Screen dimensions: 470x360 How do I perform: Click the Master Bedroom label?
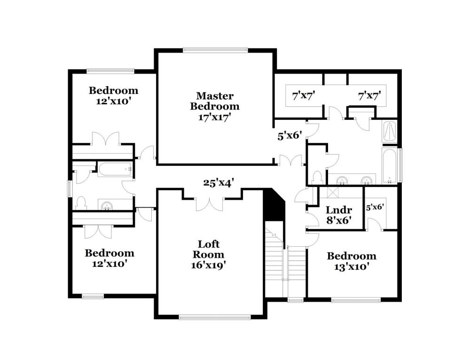pyautogui.click(x=215, y=106)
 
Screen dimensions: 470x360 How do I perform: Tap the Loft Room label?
pyautogui.click(x=208, y=254)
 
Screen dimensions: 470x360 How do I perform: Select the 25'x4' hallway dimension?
pyautogui.click(x=219, y=182)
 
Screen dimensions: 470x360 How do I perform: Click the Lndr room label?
pyautogui.click(x=339, y=210)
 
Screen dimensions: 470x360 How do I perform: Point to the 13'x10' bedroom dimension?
pyautogui.click(x=351, y=266)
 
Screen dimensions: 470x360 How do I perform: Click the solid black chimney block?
pyautogui.click(x=274, y=205)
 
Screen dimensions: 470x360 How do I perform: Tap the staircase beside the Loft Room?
pyautogui.click(x=285, y=259)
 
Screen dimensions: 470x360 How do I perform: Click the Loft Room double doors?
pyautogui.click(x=210, y=204)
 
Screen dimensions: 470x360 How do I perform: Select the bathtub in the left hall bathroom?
pyautogui.click(x=115, y=170)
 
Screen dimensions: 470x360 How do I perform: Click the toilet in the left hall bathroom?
pyautogui.click(x=81, y=203)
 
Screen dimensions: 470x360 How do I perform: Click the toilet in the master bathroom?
pyautogui.click(x=316, y=177)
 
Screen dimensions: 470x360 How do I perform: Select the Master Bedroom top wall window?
pyautogui.click(x=216, y=50)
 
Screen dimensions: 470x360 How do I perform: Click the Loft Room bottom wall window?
pyautogui.click(x=215, y=317)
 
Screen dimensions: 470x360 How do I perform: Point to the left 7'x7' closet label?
pyautogui.click(x=303, y=96)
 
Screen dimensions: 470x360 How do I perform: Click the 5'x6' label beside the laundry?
pyautogui.click(x=375, y=207)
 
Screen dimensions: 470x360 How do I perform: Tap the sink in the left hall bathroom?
pyautogui.click(x=107, y=206)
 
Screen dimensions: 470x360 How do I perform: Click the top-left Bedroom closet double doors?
pyautogui.click(x=105, y=139)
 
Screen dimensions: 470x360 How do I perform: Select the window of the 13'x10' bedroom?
pyautogui.click(x=356, y=300)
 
